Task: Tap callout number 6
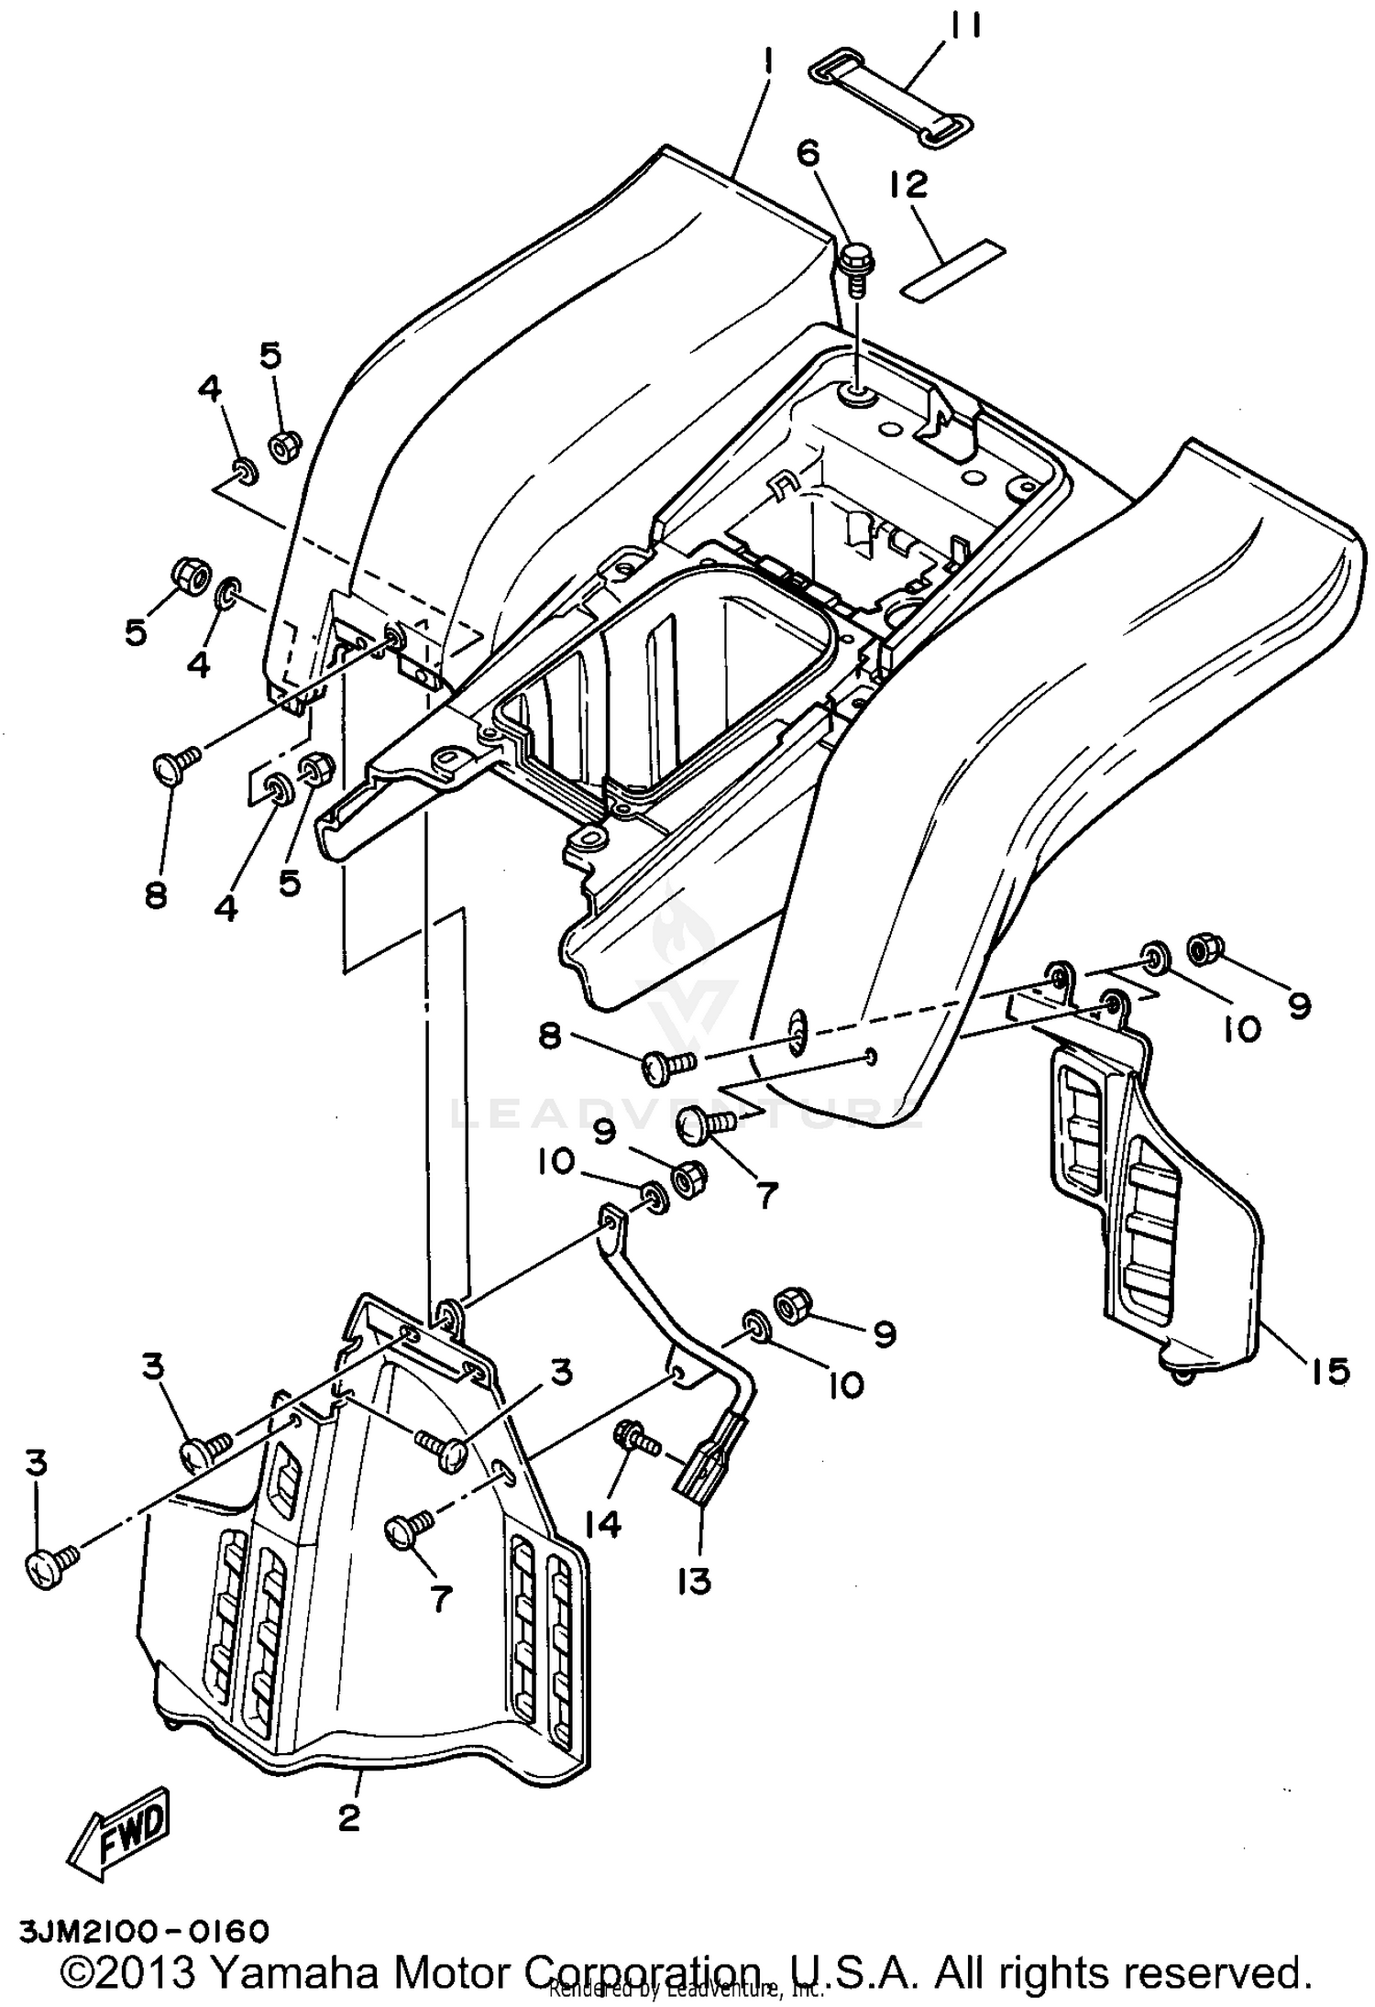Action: click(x=809, y=153)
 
